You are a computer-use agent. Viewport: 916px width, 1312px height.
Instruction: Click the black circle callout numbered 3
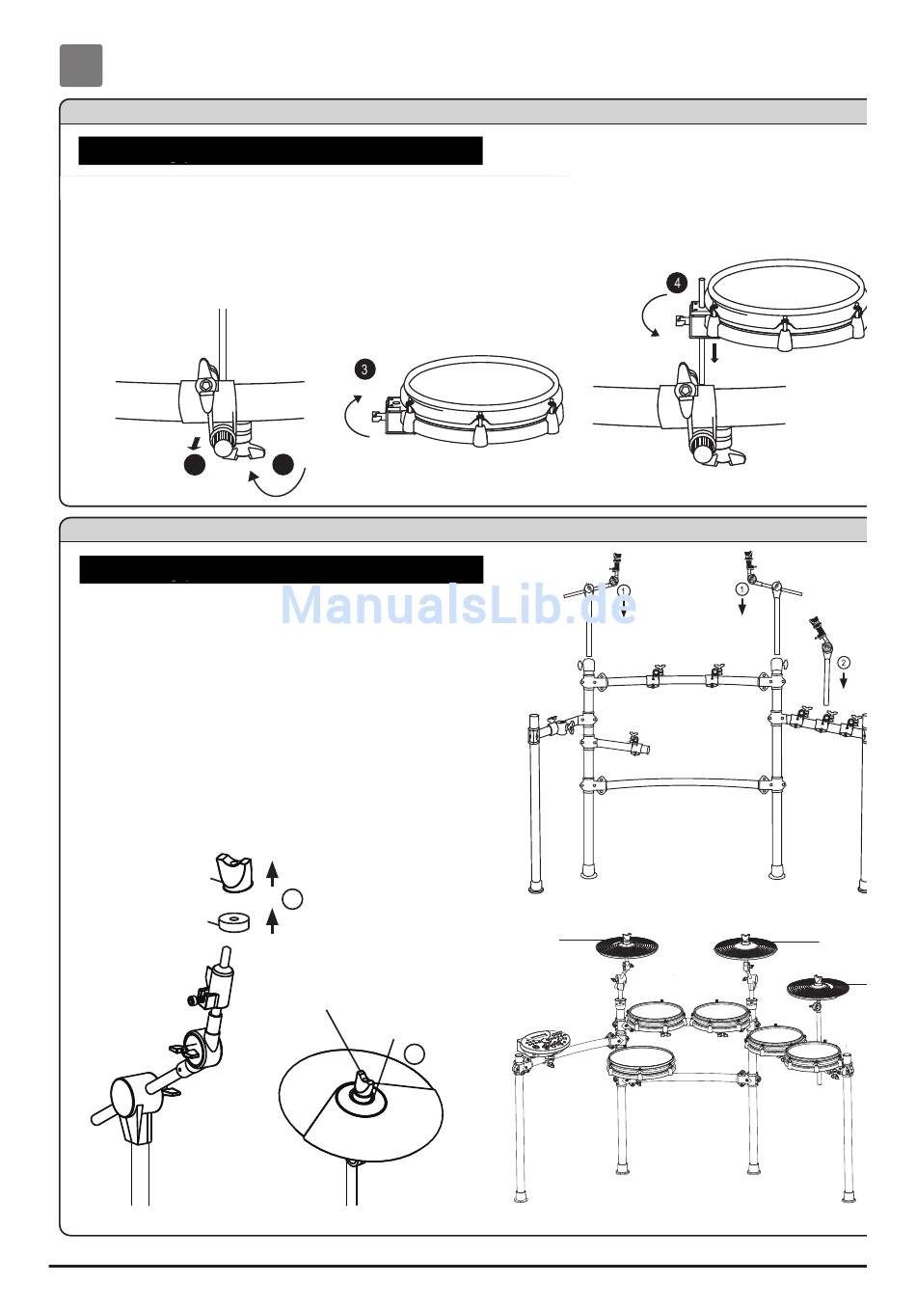[364, 369]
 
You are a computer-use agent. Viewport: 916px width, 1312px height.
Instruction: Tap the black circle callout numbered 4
[677, 284]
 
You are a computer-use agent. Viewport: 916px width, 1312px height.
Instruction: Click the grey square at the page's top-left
[81, 66]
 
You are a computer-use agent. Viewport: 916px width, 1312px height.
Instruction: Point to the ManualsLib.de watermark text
[458, 605]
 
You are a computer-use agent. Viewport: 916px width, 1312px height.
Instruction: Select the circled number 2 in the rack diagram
[843, 663]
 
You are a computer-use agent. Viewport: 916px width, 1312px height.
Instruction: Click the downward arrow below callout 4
[714, 353]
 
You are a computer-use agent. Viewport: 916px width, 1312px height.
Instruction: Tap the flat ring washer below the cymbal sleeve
[234, 922]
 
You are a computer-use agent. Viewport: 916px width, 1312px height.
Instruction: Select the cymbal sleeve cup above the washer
[234, 873]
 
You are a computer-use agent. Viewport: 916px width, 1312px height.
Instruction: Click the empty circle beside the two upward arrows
[293, 899]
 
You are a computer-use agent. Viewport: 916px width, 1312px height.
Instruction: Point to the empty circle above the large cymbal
[415, 1053]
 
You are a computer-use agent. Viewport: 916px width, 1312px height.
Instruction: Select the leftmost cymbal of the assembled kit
[627, 946]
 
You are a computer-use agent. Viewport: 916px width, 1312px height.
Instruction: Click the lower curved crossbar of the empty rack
[682, 783]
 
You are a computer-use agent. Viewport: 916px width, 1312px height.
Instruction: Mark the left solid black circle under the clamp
[195, 464]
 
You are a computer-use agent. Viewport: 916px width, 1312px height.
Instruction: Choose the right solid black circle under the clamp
[283, 464]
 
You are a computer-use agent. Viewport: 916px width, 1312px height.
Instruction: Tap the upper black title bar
[281, 150]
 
